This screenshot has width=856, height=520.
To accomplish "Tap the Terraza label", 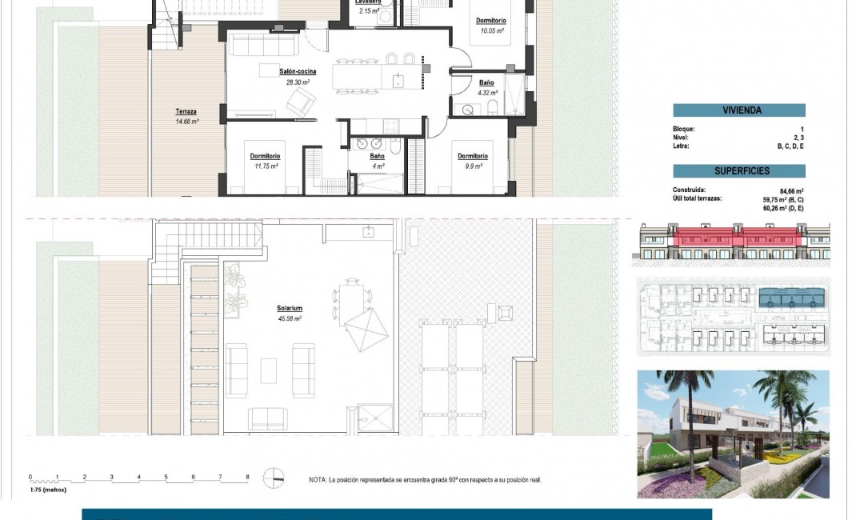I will (186, 112).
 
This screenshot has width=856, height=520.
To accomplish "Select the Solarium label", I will (290, 308).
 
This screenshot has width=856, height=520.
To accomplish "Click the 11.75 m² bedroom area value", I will (266, 166).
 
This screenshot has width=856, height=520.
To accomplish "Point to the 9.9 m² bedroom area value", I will (473, 166).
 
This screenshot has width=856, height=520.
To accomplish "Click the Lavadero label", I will (367, 2).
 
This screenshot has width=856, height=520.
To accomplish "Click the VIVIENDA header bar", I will (738, 111).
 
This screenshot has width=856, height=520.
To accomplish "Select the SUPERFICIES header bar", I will (738, 171).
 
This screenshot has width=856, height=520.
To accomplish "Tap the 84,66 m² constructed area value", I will (791, 190).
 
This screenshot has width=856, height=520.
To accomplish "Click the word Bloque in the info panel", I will (684, 129).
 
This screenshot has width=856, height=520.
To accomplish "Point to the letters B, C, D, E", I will (790, 146).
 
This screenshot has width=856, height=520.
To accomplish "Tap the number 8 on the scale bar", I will (247, 477).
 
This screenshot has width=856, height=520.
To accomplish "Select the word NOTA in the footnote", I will (317, 480).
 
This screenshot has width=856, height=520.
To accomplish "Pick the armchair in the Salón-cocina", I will (301, 100).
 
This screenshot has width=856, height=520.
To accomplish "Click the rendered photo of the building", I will (733, 434).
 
